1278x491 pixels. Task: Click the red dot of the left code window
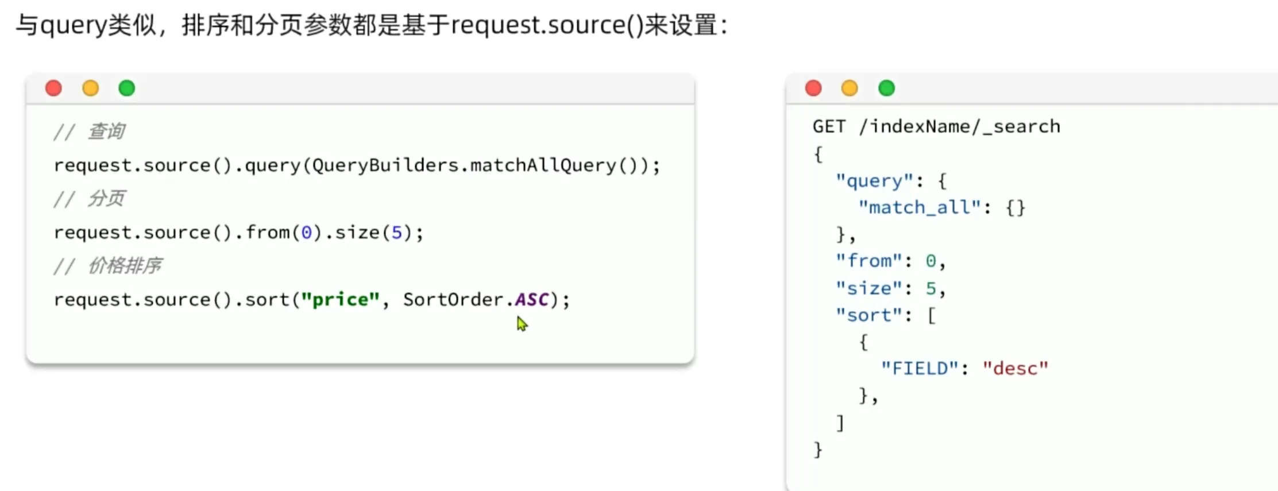(x=53, y=88)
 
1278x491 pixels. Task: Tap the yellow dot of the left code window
(x=91, y=88)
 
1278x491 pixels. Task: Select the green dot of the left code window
(x=127, y=88)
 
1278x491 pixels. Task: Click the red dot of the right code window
(x=813, y=88)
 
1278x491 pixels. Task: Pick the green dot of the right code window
(x=887, y=88)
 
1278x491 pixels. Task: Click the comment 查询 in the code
(x=106, y=132)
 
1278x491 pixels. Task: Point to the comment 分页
(x=106, y=199)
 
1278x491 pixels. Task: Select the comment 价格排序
(x=125, y=266)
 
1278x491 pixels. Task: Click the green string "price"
(x=341, y=299)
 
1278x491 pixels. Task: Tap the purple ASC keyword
(x=532, y=299)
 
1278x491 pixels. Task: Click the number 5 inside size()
(x=396, y=233)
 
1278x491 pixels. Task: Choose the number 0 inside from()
(x=307, y=233)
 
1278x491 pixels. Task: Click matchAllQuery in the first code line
(x=543, y=165)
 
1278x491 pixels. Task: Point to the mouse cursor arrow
(x=521, y=324)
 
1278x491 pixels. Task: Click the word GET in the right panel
(x=829, y=126)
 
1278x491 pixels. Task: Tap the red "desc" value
(x=1016, y=368)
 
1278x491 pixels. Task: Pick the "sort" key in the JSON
(x=869, y=315)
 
